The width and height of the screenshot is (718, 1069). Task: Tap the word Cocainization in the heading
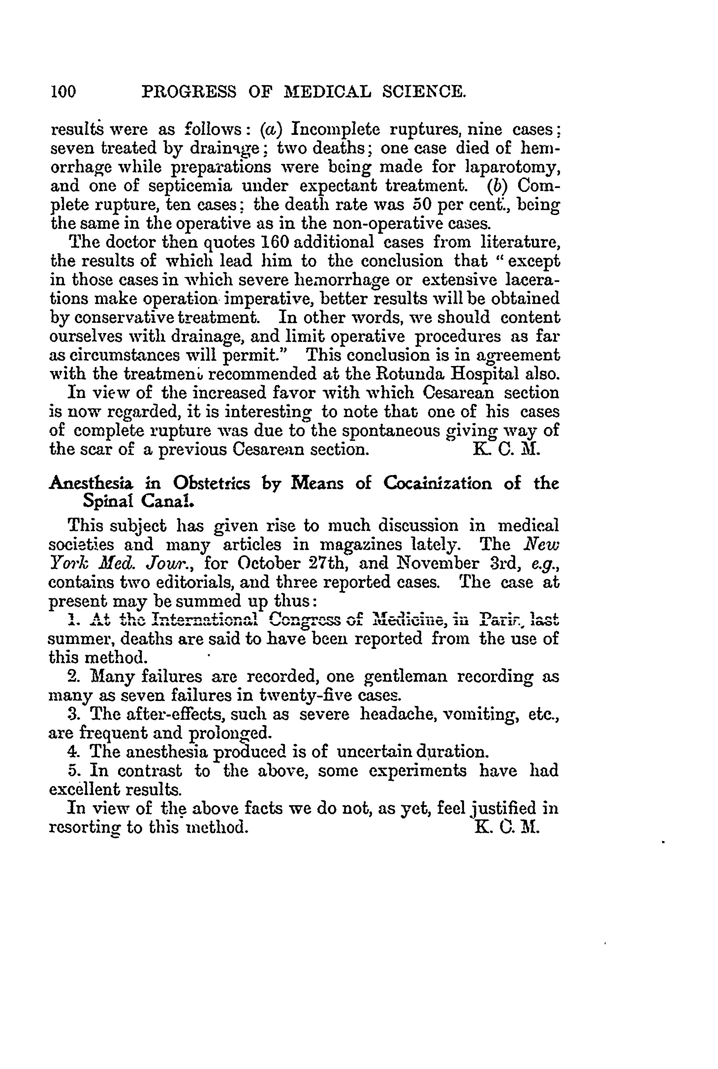[x=438, y=483]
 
